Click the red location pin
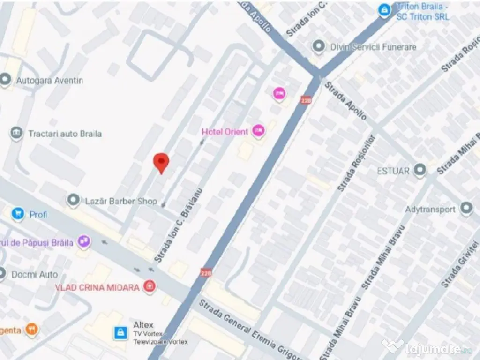tap(161, 162)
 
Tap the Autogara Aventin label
tap(49, 81)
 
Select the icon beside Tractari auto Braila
tap(16, 134)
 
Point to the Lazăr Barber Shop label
tap(121, 201)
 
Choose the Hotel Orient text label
tap(225, 132)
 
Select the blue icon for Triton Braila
tap(385, 10)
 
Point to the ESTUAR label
tap(393, 171)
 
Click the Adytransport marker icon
tap(466, 209)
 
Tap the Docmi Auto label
tap(35, 274)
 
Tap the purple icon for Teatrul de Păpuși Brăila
tap(84, 242)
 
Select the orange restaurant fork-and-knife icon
tap(32, 330)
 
